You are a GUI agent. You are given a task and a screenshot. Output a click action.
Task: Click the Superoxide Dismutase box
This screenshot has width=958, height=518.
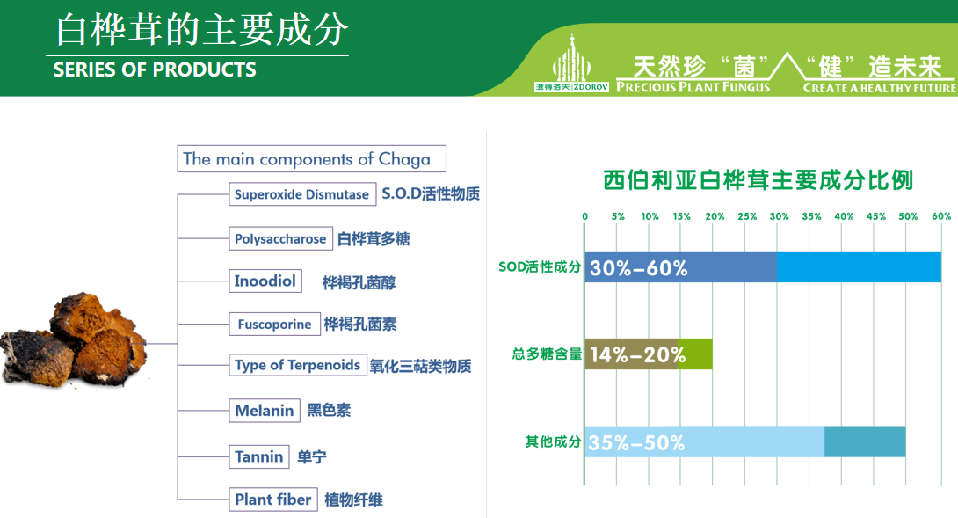(301, 194)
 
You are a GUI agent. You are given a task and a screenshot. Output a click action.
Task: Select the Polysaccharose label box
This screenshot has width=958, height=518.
(280, 238)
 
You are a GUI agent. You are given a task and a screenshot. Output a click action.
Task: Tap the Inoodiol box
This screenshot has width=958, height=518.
(265, 281)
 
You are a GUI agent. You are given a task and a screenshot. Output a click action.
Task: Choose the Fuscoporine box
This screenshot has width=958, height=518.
(274, 325)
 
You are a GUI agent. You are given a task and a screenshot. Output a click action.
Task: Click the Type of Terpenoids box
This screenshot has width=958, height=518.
(297, 365)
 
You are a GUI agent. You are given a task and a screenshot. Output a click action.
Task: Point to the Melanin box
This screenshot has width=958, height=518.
(264, 411)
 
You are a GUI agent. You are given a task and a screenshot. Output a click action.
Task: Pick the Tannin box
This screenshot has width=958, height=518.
(258, 456)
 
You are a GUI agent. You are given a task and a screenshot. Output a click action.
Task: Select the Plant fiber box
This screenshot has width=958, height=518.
(272, 500)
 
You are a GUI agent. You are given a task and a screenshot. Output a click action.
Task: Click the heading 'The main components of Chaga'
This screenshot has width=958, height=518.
(310, 159)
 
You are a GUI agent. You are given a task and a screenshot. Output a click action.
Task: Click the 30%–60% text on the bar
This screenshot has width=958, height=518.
(638, 268)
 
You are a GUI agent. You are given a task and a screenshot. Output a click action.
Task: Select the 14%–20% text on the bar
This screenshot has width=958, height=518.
(637, 355)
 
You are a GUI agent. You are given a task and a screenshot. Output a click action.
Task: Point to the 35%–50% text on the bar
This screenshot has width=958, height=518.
(636, 442)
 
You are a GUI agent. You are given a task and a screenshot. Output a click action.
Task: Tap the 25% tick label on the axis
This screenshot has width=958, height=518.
(747, 216)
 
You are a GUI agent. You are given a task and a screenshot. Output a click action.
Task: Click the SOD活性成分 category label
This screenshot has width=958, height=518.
(540, 266)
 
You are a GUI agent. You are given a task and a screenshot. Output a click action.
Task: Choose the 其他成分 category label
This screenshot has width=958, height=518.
(553, 441)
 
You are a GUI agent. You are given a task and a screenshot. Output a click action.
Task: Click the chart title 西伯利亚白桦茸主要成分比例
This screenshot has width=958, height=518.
(758, 181)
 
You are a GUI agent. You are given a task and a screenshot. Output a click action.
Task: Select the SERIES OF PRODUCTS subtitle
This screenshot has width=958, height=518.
(155, 70)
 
